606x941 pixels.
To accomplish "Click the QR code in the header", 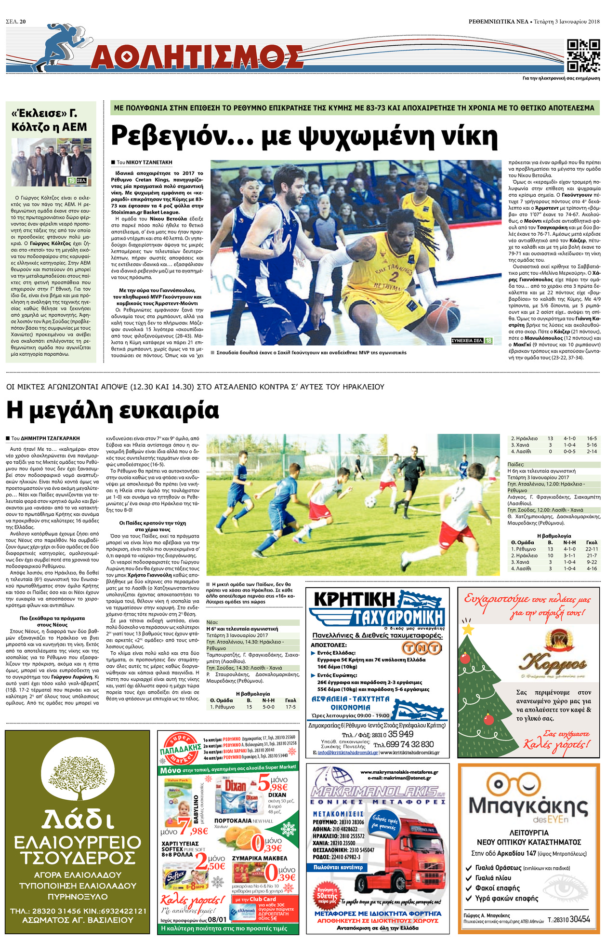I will (x=583, y=55).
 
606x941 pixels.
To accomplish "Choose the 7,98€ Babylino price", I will (x=193, y=827).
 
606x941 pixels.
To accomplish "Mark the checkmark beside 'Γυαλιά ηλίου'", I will (x=469, y=878).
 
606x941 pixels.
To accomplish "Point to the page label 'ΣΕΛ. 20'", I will (x=16, y=22).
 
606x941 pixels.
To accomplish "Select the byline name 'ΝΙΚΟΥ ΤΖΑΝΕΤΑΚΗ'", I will (x=149, y=162).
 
